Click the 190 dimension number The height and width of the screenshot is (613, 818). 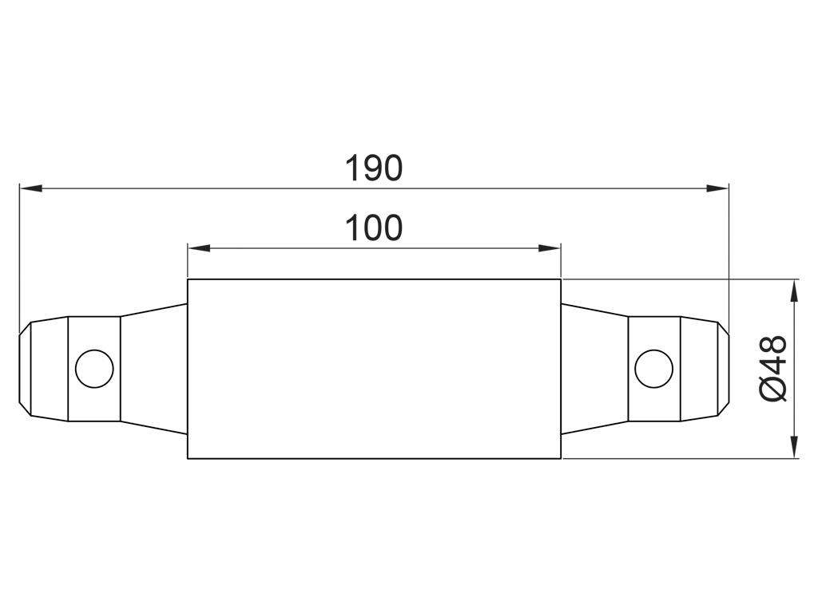(374, 168)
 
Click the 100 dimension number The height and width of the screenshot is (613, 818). (374, 227)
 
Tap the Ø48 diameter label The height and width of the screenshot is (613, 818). (773, 369)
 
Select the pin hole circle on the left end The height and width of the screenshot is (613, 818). (94, 369)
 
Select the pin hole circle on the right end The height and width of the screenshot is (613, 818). (653, 369)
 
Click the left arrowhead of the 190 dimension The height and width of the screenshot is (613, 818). (31, 188)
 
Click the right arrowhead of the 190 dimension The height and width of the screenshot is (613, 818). (717, 188)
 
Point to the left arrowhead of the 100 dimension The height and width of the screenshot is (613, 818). (199, 247)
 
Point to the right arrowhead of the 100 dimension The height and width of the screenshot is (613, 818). (550, 247)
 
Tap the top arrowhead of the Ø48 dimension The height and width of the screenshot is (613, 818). (794, 291)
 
